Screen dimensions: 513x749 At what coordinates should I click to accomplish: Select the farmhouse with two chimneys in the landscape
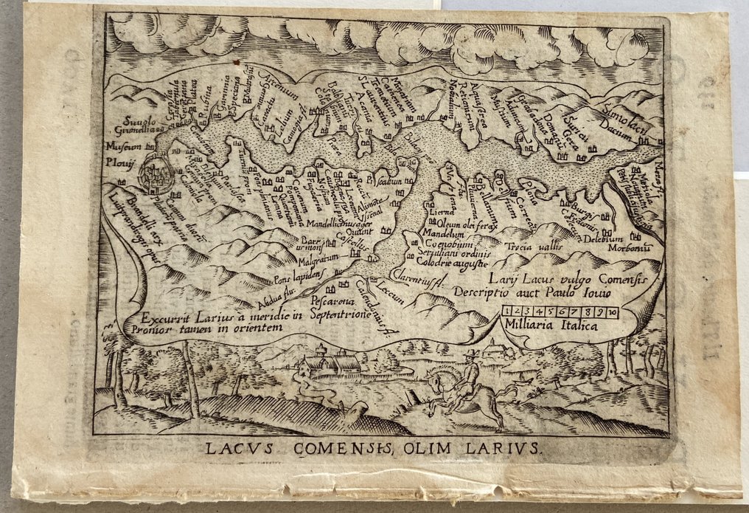[x=335, y=363]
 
